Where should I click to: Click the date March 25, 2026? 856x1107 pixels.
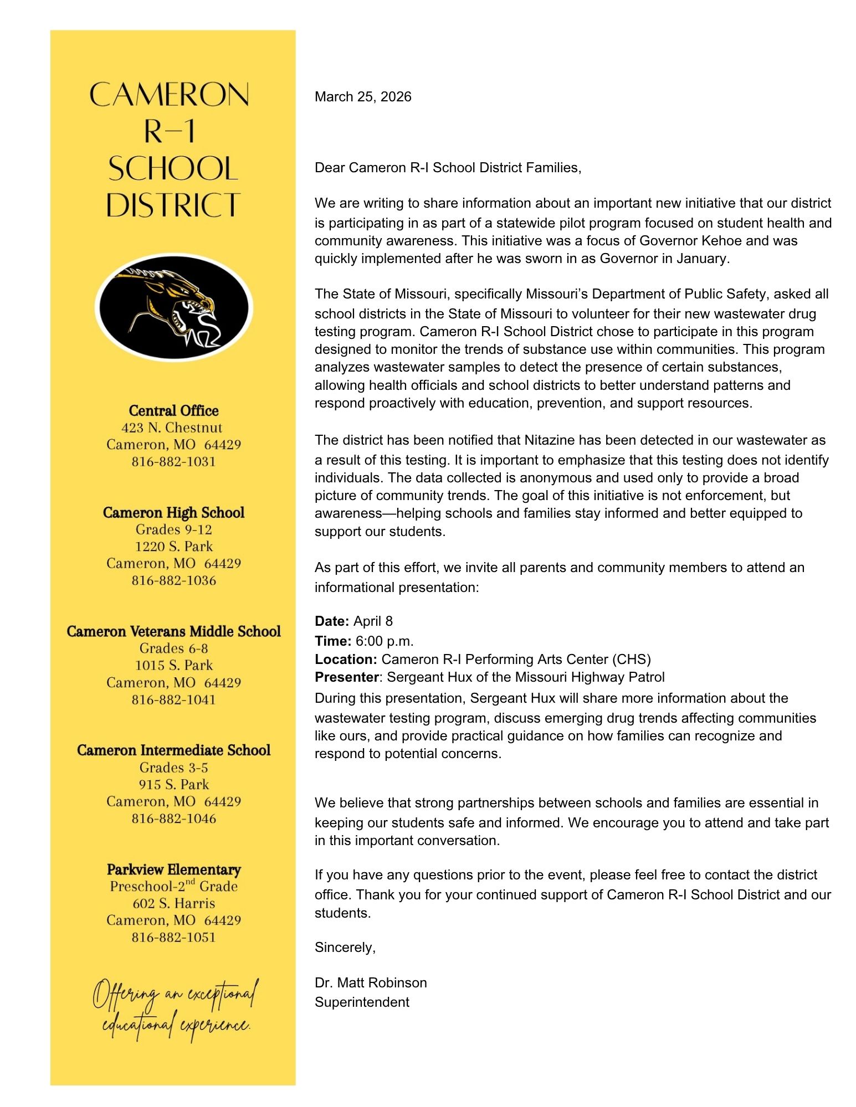point(363,97)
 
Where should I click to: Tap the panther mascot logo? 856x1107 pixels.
point(173,306)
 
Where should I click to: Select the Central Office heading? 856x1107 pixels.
point(173,410)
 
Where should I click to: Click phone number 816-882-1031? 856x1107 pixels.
point(173,461)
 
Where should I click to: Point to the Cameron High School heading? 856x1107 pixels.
point(173,512)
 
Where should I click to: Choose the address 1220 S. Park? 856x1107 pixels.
point(173,547)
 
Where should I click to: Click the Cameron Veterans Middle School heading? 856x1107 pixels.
point(173,631)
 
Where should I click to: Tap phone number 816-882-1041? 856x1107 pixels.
point(173,699)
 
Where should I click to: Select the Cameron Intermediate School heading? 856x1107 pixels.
point(173,750)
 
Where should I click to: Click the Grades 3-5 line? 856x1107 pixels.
point(173,768)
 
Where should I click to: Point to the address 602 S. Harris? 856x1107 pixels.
point(173,903)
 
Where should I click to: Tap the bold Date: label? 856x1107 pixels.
point(332,621)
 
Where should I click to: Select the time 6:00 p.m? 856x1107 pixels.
point(385,641)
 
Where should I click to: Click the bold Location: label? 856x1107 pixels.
point(346,659)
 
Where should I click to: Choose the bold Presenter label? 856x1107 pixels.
point(346,677)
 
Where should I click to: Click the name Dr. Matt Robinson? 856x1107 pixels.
point(371,982)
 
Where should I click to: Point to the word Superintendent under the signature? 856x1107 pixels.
point(362,1002)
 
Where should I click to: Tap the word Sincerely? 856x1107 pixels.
point(345,947)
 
